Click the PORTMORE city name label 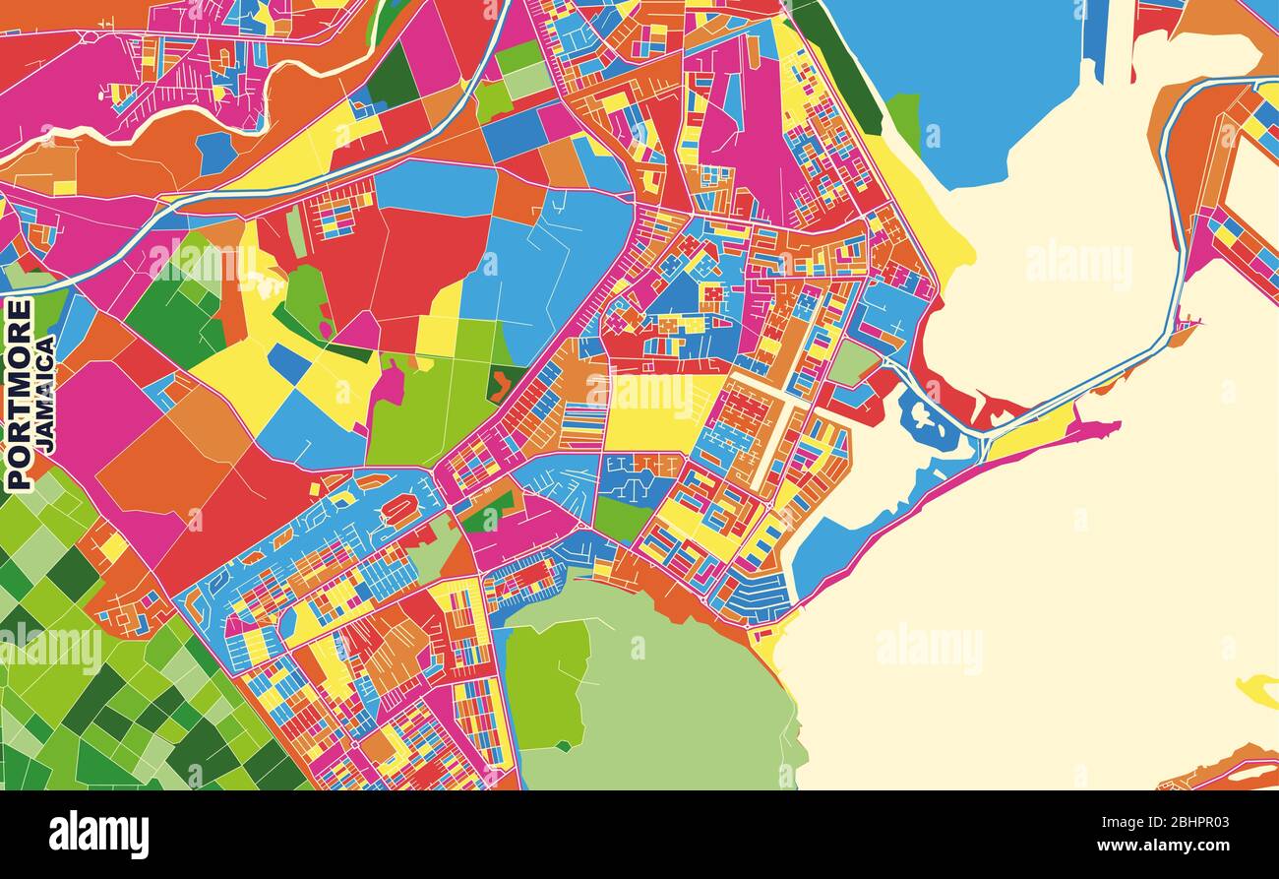tap(19, 394)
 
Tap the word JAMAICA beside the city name tap(45, 394)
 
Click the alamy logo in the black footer tap(98, 834)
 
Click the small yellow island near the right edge tap(1259, 690)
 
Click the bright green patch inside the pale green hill tap(546, 684)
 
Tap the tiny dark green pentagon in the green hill tap(562, 746)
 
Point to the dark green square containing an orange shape tap(506, 383)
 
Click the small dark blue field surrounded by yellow tap(289, 364)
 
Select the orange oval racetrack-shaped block tap(398, 511)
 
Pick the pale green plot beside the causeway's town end tap(851, 363)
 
